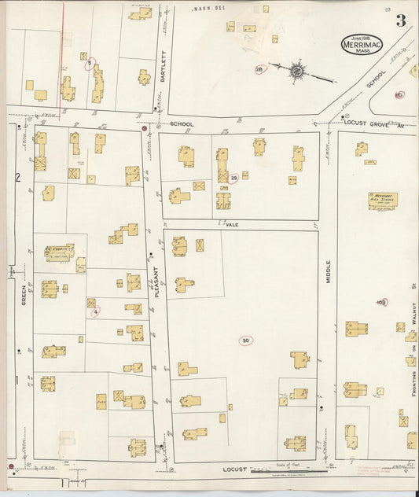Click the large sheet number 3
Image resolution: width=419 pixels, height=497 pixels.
pyautogui.click(x=401, y=20)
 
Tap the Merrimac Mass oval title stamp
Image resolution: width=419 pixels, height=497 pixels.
pyautogui.click(x=362, y=45)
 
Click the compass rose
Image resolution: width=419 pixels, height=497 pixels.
pyautogui.click(x=297, y=71)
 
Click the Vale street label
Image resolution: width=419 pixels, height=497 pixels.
pyautogui.click(x=231, y=224)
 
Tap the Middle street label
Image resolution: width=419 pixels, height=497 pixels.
pyautogui.click(x=329, y=272)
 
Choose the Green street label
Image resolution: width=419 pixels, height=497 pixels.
pyautogui.click(x=24, y=295)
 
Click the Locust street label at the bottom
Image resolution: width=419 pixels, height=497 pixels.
pyautogui.click(x=234, y=469)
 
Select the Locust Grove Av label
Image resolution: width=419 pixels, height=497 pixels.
pyautogui.click(x=372, y=123)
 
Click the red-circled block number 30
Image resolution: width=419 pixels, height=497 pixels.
pyautogui.click(x=246, y=341)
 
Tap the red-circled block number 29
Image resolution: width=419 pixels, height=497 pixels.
pyautogui.click(x=233, y=177)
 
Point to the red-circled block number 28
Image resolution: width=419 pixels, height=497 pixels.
pyautogui.click(x=259, y=68)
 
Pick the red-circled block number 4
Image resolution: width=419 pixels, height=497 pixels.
pyautogui.click(x=96, y=311)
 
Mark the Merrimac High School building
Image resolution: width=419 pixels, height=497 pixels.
pyautogui.click(x=383, y=200)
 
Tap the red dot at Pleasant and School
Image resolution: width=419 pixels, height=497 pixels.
pyautogui.click(x=145, y=127)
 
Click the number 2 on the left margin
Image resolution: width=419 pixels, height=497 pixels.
pyautogui.click(x=16, y=176)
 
